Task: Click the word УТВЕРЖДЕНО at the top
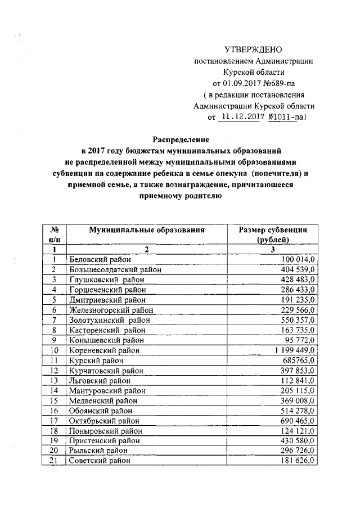[252, 50]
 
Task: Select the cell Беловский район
[100, 259]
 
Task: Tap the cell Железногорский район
[111, 310]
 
